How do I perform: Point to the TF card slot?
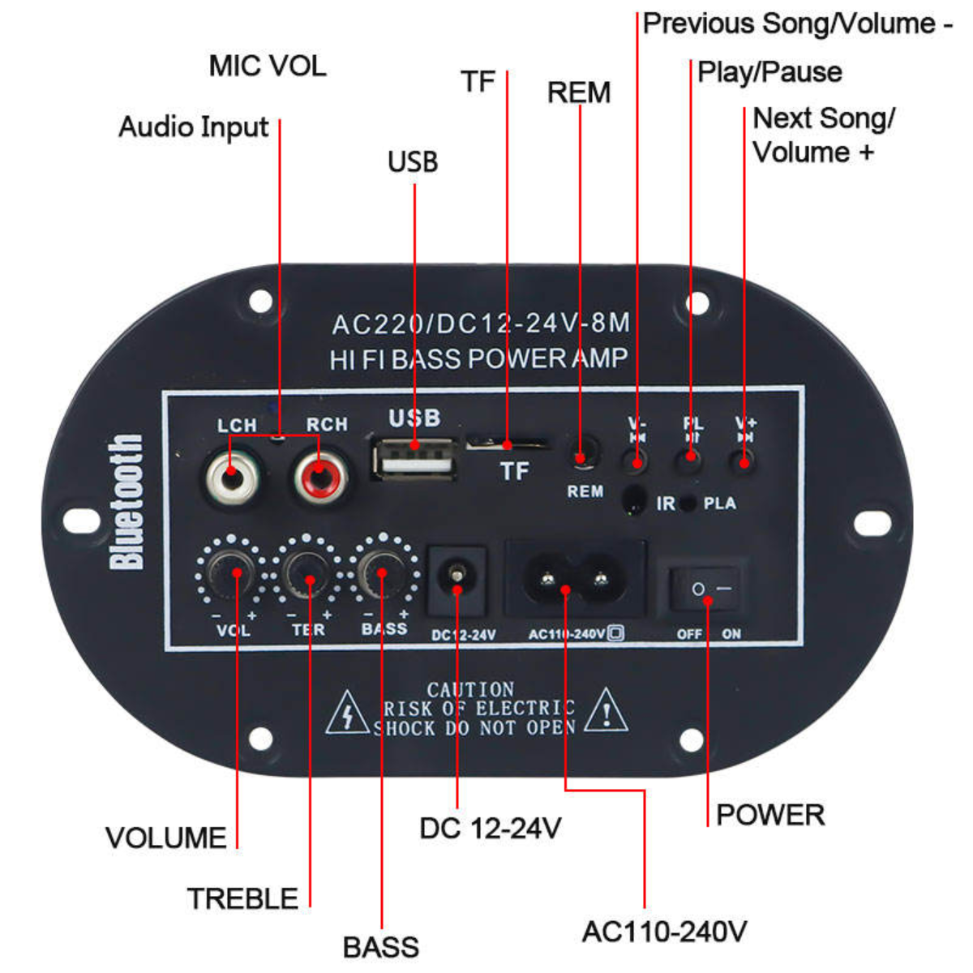507,444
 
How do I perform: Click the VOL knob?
235,573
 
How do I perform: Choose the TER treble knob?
309,573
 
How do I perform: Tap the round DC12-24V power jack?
456,578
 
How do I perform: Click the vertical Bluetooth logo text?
126,502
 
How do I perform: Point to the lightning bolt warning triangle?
347,714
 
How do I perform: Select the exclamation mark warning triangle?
606,710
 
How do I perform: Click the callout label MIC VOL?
268,66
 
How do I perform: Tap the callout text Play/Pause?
769,72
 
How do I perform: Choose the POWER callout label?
769,815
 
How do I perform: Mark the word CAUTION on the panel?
470,689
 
